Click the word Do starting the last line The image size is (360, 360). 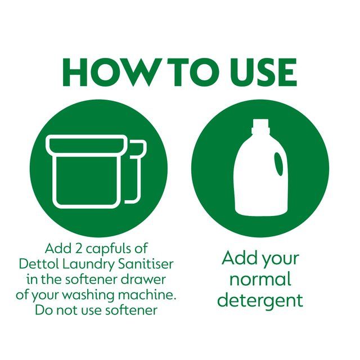tap(44, 310)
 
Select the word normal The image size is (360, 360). tap(260, 279)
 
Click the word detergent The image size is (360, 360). tap(260, 300)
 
